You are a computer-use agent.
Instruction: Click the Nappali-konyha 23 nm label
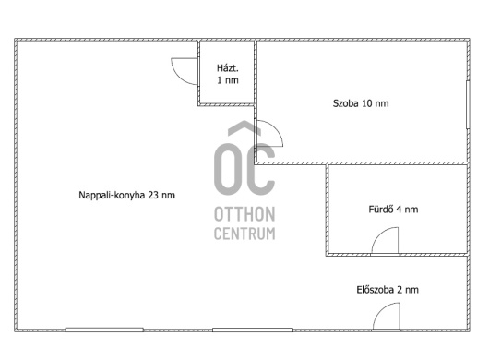coord(126,196)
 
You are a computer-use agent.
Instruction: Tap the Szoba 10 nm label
coord(361,103)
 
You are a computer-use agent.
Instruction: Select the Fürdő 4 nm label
coord(393,209)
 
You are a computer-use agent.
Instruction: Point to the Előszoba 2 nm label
coord(388,290)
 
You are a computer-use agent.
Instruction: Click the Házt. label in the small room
coord(227,68)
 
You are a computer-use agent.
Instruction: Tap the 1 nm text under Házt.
coord(228,80)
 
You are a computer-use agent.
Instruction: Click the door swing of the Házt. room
coord(185,71)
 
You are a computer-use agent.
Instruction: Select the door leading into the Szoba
coord(268,133)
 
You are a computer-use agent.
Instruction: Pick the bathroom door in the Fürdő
coord(385,240)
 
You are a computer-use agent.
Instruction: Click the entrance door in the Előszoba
coord(386,316)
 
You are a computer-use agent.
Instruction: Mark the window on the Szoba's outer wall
coord(468,104)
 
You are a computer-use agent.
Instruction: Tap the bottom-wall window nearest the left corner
coord(104,330)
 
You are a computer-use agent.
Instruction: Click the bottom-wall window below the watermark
coord(253,330)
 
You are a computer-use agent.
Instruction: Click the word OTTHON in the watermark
coord(244,214)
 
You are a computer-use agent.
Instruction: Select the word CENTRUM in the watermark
coord(244,234)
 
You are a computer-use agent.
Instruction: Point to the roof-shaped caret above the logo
coord(244,128)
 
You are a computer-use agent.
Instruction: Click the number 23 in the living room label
coord(152,196)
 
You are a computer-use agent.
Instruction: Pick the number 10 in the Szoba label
coord(366,103)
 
